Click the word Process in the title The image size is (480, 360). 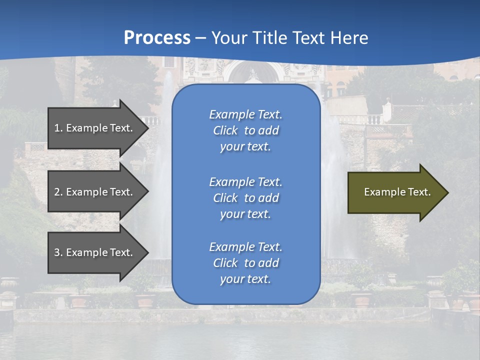pyautogui.click(x=157, y=38)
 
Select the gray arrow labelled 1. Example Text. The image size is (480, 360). pyautogui.click(x=95, y=128)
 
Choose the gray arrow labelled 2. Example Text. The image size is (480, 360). pyautogui.click(x=95, y=192)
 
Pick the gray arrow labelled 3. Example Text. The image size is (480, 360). pyautogui.click(x=95, y=252)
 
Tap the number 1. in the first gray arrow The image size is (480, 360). pyautogui.click(x=58, y=128)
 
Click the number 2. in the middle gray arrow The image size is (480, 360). pyautogui.click(x=58, y=192)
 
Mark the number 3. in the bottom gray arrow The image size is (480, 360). pyautogui.click(x=58, y=252)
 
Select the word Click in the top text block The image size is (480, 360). pyautogui.click(x=225, y=130)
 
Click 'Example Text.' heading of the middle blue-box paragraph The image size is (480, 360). pyautogui.click(x=245, y=182)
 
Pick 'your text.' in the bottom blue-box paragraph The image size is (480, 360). pyautogui.click(x=245, y=279)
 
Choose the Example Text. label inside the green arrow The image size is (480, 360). pyautogui.click(x=397, y=192)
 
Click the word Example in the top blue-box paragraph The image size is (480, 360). pyautogui.click(x=231, y=114)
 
